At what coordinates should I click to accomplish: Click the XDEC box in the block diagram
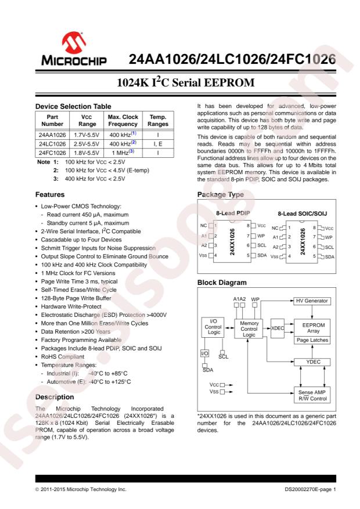[x=278, y=328]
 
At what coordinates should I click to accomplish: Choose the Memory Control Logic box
[x=249, y=328]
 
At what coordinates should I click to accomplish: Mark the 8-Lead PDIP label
[x=232, y=212]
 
